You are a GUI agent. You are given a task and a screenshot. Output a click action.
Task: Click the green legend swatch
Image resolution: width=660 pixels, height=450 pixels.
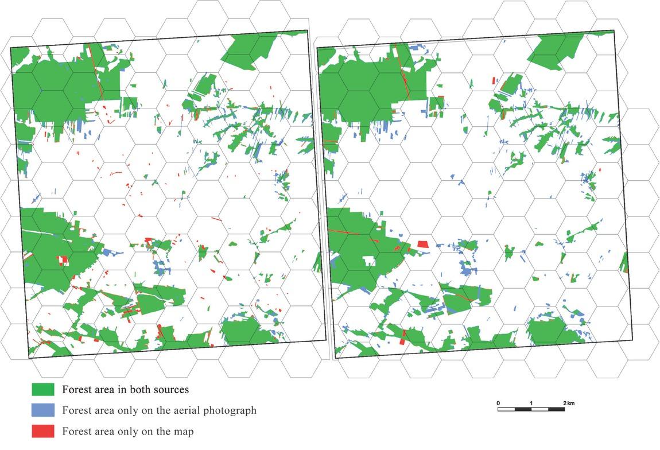[42, 390]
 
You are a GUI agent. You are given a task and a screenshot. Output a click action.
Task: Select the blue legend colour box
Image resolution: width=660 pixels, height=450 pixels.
[42, 410]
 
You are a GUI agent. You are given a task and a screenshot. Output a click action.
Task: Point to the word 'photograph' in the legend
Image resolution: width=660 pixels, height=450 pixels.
[228, 410]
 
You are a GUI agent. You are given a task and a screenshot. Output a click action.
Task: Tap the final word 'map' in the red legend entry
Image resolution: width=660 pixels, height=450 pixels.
[184, 431]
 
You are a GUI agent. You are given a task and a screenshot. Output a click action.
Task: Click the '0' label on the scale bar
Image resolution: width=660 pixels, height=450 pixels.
[498, 403]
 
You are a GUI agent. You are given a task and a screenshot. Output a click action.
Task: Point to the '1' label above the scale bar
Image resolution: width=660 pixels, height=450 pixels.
[531, 403]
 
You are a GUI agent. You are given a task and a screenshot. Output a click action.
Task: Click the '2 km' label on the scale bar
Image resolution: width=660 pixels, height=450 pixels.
[568, 403]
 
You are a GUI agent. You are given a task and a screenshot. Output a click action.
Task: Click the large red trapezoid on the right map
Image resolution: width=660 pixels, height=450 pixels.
[423, 244]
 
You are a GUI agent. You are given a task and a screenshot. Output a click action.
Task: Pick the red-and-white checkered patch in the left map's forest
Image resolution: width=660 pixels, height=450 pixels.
[63, 260]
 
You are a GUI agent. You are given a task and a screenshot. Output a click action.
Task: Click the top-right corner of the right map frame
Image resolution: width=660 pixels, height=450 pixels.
[614, 31]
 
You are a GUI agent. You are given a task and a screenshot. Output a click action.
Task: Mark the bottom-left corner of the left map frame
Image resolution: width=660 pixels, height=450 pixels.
[29, 358]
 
